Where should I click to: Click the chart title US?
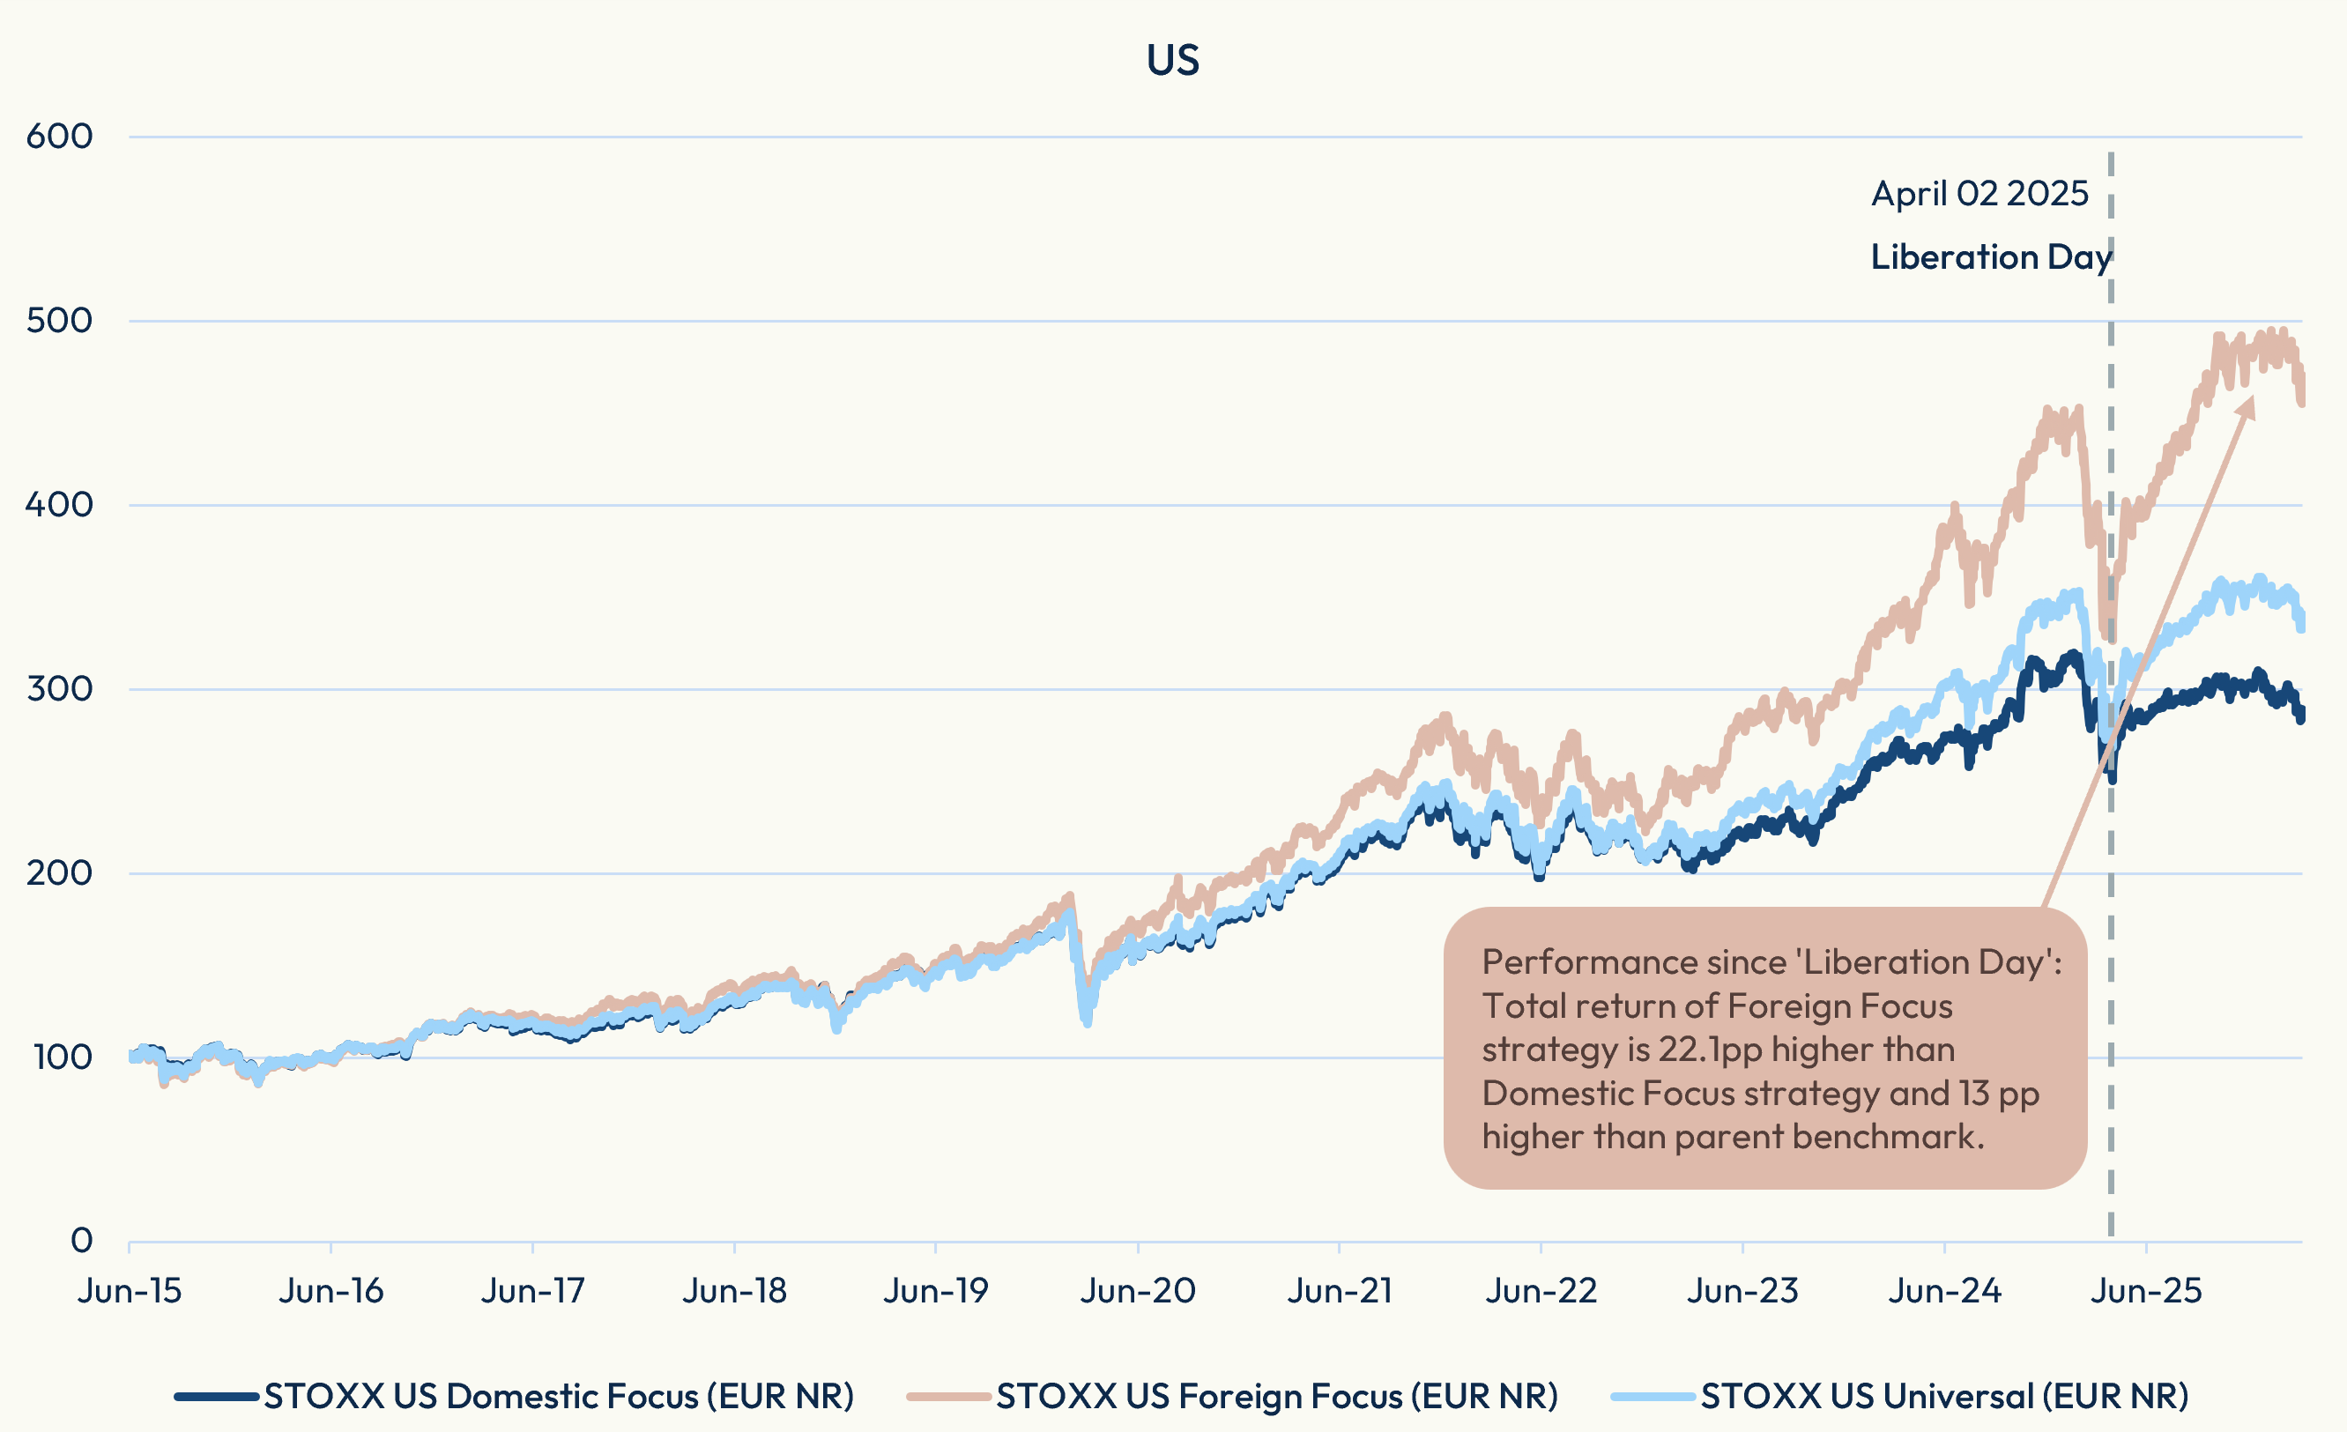(x=1172, y=60)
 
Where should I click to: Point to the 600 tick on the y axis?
(x=59, y=137)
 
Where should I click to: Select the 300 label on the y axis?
(x=59, y=688)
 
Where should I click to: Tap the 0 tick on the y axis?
(x=82, y=1241)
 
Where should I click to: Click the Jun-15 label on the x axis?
(x=130, y=1291)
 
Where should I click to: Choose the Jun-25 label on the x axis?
(x=2145, y=1291)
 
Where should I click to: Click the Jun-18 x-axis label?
(x=734, y=1291)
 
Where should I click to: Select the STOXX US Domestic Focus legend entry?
(x=558, y=1397)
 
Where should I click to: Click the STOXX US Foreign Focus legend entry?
(x=1276, y=1397)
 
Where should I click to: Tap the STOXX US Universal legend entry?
(x=1944, y=1397)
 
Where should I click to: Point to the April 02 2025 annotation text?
(x=1979, y=194)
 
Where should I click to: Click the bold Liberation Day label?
(x=1991, y=257)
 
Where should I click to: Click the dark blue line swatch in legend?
(x=216, y=1397)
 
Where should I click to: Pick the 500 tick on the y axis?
(x=59, y=320)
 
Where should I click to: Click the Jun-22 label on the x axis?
(x=1541, y=1291)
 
